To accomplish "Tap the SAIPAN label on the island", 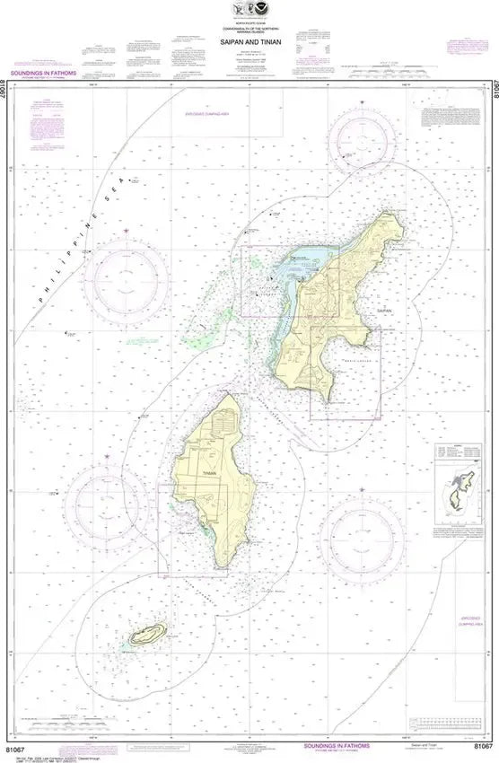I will coord(386,310).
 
